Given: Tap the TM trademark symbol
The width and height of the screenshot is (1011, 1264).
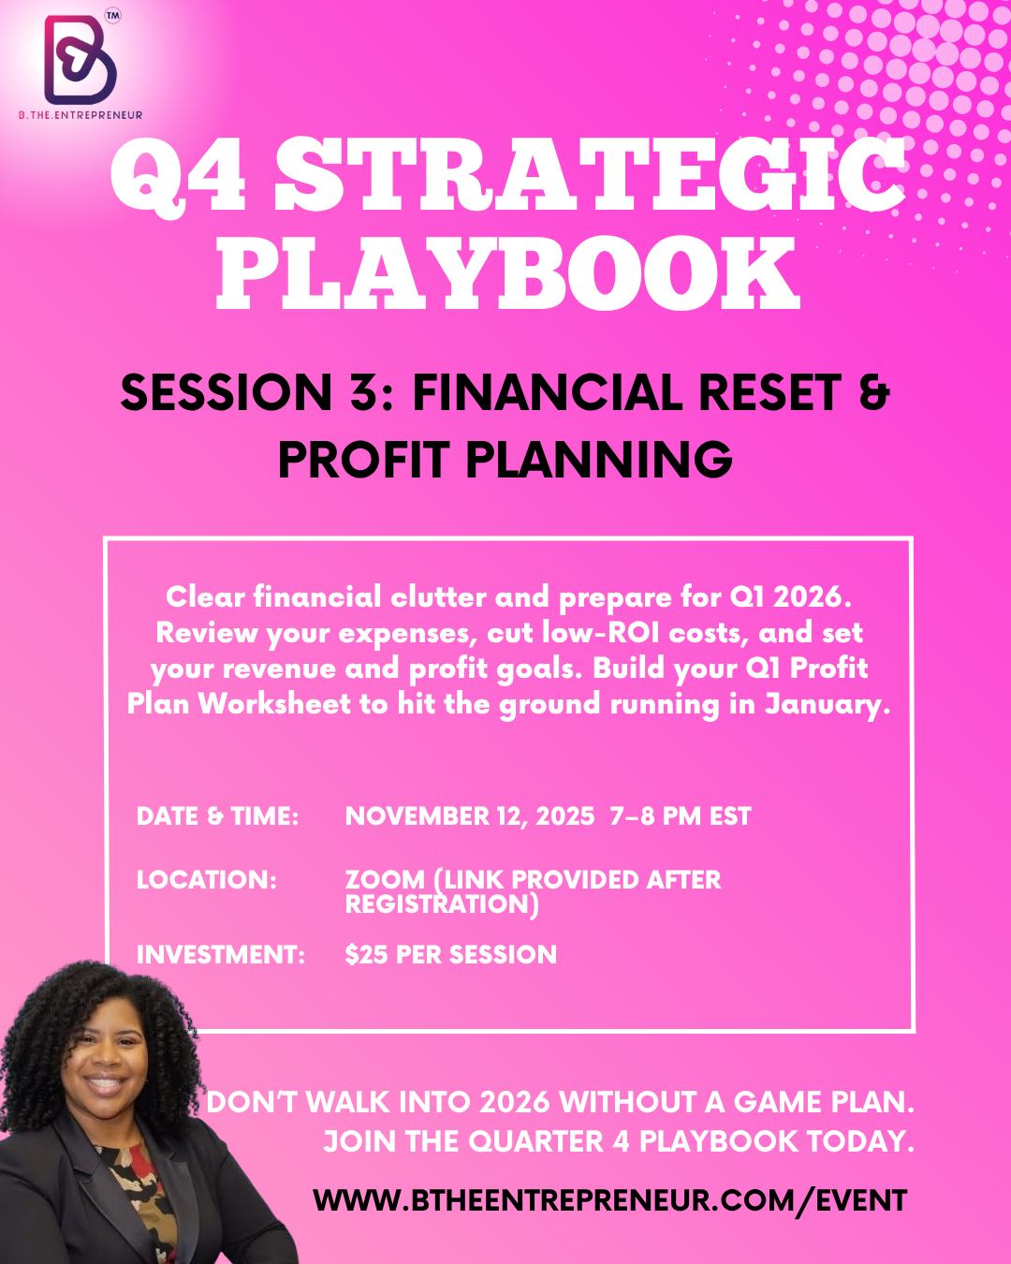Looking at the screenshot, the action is (112, 16).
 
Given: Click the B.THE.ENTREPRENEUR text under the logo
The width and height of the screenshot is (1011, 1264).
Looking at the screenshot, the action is (81, 115).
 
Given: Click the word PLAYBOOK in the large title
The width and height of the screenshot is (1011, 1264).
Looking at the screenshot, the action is (508, 273).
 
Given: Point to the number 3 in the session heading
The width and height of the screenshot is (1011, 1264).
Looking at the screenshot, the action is (365, 392).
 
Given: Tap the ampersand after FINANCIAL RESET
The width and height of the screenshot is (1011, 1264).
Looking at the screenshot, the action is (874, 392).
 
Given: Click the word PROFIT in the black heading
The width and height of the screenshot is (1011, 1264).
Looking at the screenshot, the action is (364, 460).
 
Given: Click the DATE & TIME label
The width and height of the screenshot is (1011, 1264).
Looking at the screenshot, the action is (218, 816).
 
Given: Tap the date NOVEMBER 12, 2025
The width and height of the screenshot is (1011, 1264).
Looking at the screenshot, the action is (470, 816).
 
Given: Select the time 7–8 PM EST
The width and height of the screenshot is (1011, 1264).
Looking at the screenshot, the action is (681, 816).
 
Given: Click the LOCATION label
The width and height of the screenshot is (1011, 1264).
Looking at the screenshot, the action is (207, 880).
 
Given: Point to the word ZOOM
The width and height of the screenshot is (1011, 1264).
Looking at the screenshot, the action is (386, 880).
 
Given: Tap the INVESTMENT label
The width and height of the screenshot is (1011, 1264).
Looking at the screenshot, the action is (221, 954).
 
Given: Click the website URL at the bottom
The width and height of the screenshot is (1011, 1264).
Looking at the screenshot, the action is (610, 1200).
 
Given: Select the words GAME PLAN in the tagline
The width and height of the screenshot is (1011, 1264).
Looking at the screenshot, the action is (824, 1102).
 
